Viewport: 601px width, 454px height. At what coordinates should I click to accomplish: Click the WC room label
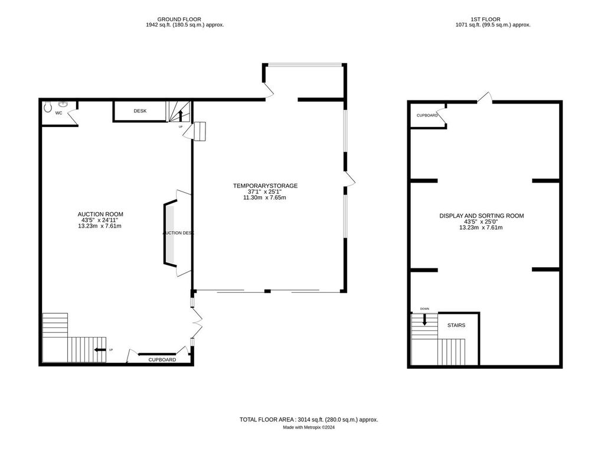click(x=59, y=112)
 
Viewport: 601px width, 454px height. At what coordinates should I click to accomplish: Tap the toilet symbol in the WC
click(x=48, y=108)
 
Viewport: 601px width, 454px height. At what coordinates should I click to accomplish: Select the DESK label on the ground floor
click(x=140, y=111)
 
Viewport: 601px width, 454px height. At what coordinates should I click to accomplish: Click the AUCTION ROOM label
click(x=100, y=214)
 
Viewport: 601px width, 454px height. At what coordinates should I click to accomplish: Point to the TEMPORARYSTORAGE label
click(x=265, y=186)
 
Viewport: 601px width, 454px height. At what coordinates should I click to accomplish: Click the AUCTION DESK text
click(x=178, y=233)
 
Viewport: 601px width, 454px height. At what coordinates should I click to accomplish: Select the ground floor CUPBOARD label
click(x=162, y=359)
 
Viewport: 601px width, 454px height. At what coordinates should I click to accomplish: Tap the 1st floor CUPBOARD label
click(x=427, y=115)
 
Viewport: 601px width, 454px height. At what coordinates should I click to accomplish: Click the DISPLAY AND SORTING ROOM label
click(x=481, y=216)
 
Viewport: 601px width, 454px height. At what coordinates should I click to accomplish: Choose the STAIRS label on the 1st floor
click(x=456, y=325)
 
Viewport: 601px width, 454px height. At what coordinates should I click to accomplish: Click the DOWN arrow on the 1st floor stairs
click(x=424, y=319)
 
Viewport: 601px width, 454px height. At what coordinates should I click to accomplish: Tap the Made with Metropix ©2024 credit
click(x=308, y=427)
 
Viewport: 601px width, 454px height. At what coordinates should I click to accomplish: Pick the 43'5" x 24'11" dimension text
click(x=100, y=220)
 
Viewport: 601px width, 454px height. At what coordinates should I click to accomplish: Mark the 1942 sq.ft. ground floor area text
click(x=184, y=25)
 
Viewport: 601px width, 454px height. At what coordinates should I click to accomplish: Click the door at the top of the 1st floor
click(x=485, y=98)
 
